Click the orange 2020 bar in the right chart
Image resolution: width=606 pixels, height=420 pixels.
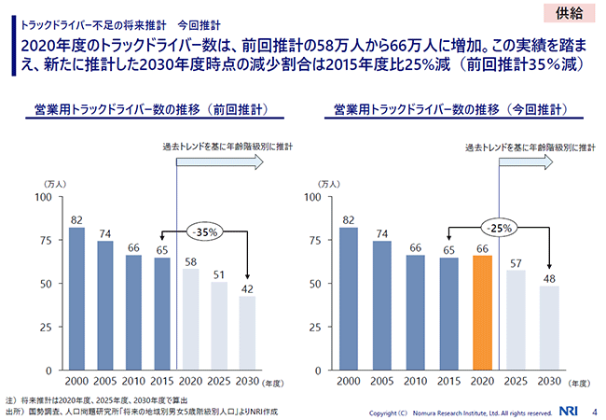(x=482, y=313)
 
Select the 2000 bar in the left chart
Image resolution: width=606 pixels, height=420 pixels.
(x=76, y=299)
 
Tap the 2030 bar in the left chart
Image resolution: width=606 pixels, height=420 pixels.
(x=246, y=333)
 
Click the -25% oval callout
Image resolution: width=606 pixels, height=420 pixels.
(x=500, y=227)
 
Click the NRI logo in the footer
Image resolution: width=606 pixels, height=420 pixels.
(x=567, y=409)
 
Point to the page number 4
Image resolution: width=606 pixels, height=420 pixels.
(x=594, y=409)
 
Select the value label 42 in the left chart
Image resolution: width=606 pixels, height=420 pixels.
(x=246, y=289)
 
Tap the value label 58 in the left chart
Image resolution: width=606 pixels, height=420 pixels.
(x=189, y=261)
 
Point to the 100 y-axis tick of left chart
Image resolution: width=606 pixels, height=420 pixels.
(x=43, y=197)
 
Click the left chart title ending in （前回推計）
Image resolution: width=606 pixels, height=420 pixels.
(x=151, y=110)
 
